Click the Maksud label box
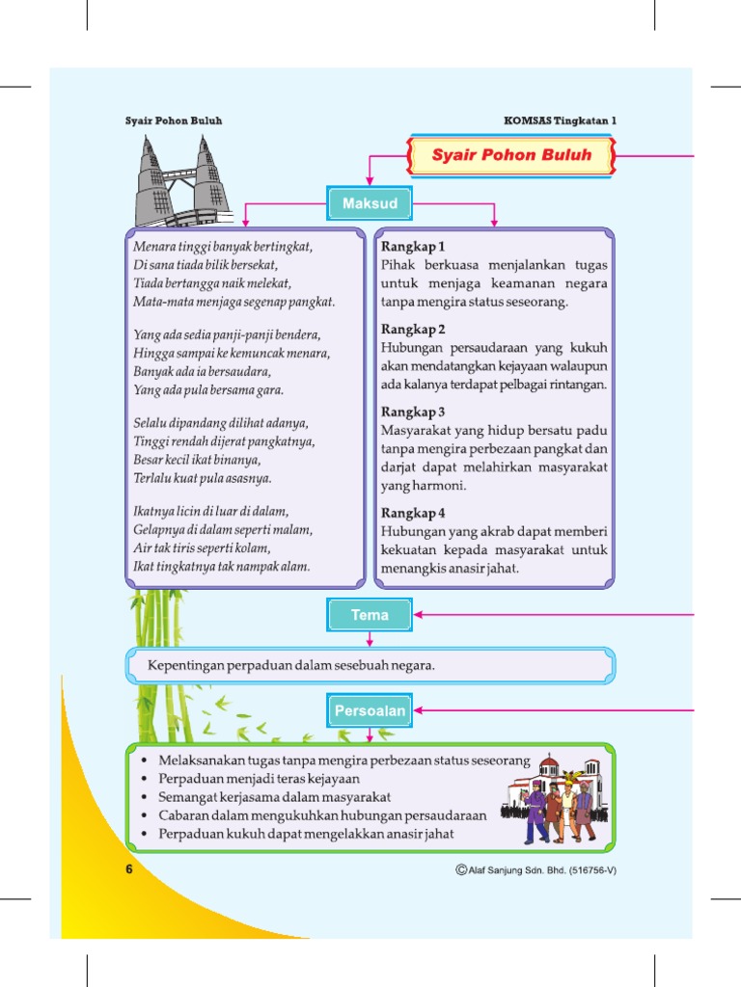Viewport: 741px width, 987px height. [370, 204]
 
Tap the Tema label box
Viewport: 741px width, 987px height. [370, 615]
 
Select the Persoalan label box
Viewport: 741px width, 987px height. [370, 711]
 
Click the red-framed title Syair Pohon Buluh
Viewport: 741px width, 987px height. [511, 155]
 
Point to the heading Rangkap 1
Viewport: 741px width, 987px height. [413, 247]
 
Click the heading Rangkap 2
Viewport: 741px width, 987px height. [413, 329]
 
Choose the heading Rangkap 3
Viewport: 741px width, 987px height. [413, 412]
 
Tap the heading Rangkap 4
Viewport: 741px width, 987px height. [413, 513]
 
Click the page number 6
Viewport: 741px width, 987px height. [128, 868]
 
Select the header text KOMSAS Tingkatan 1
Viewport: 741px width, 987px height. [560, 120]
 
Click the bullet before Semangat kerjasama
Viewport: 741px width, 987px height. [143, 797]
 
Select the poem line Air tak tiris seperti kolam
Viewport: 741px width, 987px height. [202, 548]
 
